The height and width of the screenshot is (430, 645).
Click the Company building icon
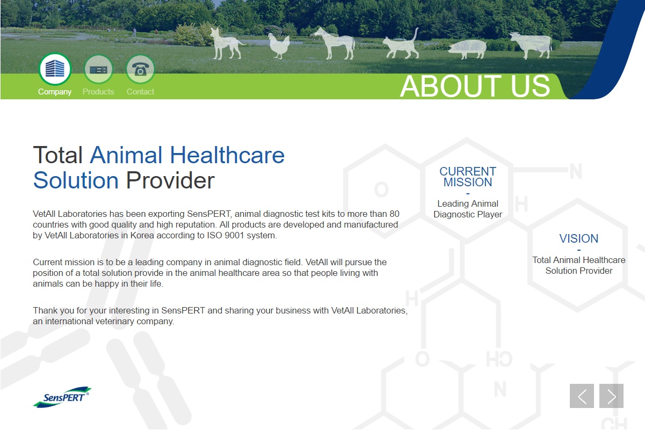(x=55, y=69)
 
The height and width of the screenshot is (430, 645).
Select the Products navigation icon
(x=98, y=69)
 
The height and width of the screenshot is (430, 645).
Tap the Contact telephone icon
(x=140, y=69)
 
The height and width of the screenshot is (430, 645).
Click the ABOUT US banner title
(x=475, y=86)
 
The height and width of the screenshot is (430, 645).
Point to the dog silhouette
(x=228, y=43)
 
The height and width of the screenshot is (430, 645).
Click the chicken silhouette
(x=279, y=46)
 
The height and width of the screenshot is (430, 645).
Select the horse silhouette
(x=336, y=43)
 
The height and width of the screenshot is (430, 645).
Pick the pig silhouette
(x=468, y=49)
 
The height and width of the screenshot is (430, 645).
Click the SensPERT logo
(x=62, y=397)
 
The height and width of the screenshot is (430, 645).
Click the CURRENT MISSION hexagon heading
(x=468, y=177)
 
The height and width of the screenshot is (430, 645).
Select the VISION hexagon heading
(x=579, y=238)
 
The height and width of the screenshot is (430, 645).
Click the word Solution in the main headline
(x=76, y=180)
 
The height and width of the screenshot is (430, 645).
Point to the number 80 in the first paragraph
(x=394, y=214)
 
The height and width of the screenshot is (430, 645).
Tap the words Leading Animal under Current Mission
(x=468, y=203)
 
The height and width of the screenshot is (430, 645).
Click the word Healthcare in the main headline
(x=227, y=155)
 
